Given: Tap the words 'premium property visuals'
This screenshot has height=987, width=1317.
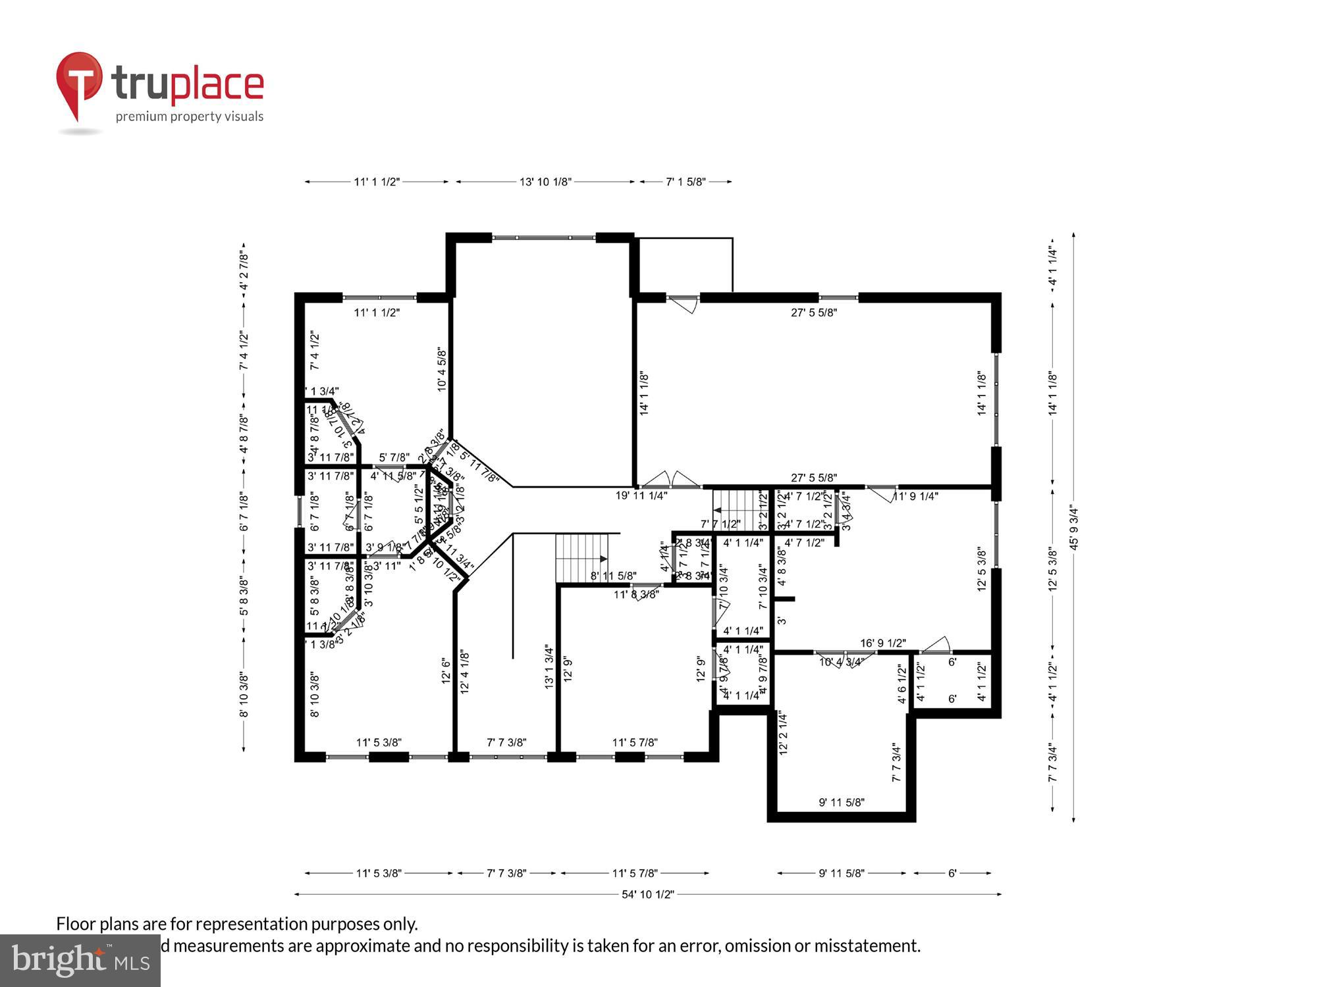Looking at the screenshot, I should [190, 117].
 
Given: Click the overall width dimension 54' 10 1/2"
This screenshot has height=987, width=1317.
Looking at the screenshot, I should [648, 894].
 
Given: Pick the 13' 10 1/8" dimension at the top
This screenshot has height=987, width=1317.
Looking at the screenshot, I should [545, 182].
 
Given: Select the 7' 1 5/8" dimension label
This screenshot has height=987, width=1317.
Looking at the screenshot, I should [685, 182].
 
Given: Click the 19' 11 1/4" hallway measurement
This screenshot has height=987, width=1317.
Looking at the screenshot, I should [641, 495].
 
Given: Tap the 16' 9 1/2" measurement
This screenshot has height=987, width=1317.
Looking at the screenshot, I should [883, 643].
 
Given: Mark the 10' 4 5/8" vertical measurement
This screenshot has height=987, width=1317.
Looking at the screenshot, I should [442, 370].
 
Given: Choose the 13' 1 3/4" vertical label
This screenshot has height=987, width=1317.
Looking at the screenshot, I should [549, 667].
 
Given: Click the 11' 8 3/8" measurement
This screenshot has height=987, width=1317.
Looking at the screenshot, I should [636, 595].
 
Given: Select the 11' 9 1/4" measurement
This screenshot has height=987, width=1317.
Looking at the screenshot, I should [915, 496].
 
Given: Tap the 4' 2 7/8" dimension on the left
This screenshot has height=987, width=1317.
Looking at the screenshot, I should [244, 270].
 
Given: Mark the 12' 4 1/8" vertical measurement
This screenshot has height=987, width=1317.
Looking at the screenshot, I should [465, 672].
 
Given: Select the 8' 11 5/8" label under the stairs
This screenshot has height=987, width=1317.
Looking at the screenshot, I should [613, 576].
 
